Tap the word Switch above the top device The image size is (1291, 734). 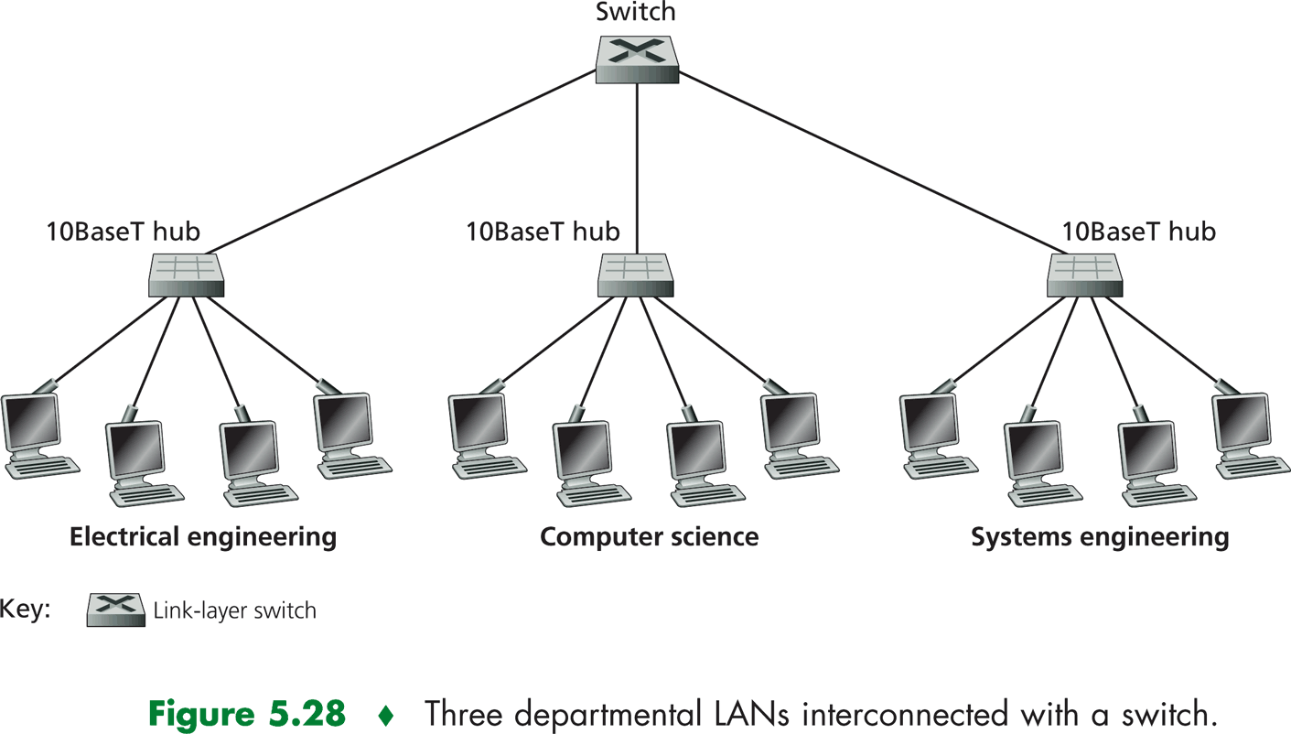pyautogui.click(x=637, y=13)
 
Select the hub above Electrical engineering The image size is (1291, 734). pyautogui.click(x=186, y=274)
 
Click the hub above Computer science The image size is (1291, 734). pyautogui.click(x=637, y=274)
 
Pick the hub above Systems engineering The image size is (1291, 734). pyautogui.click(x=1085, y=274)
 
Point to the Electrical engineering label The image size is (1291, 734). pyautogui.click(x=203, y=536)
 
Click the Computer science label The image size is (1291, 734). pyautogui.click(x=649, y=536)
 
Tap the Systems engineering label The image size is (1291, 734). pyautogui.click(x=1099, y=536)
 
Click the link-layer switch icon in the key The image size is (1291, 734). pyautogui.click(x=116, y=610)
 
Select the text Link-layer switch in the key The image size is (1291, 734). pyautogui.click(x=235, y=610)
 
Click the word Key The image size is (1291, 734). pyautogui.click(x=25, y=610)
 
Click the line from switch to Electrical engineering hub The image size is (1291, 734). pyautogui.click(x=403, y=160)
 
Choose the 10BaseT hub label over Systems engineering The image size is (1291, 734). pyautogui.click(x=1138, y=232)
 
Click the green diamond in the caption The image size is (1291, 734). pyautogui.click(x=384, y=712)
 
